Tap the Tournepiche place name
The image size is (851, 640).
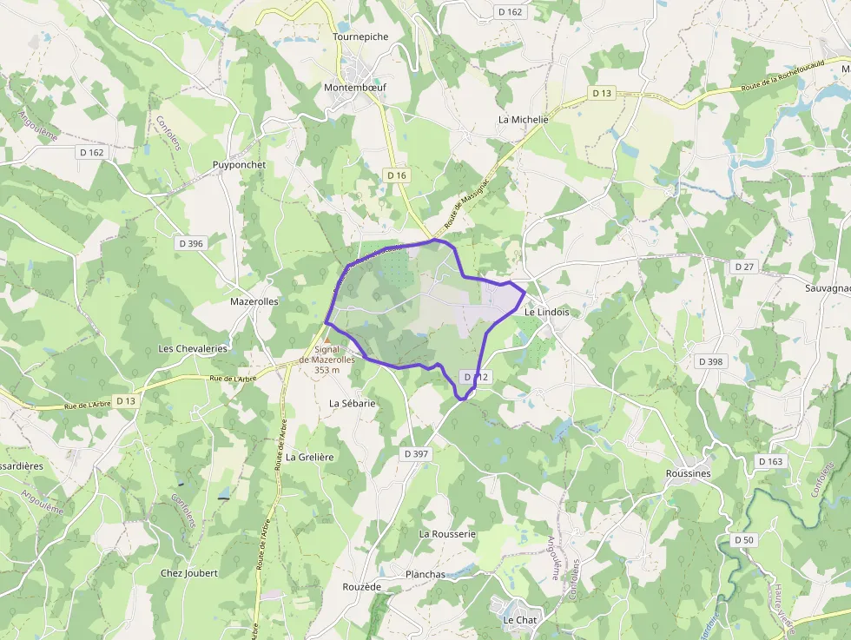tap(360, 37)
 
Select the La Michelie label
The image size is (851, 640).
tap(524, 119)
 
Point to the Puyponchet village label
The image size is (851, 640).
tap(239, 164)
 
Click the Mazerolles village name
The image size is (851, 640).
tap(254, 301)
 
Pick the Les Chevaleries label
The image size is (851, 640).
tap(193, 348)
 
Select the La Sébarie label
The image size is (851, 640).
tap(353, 403)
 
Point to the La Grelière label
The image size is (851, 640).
tap(310, 457)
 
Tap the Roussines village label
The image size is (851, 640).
tap(688, 473)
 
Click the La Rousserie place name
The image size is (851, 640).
tap(447, 533)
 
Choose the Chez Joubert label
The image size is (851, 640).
tap(189, 573)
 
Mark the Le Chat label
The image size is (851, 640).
tap(520, 620)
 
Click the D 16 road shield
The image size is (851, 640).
tap(396, 175)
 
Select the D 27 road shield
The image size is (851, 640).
tap(744, 267)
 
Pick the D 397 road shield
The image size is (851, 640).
tap(417, 454)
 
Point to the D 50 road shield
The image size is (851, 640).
tap(744, 540)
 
